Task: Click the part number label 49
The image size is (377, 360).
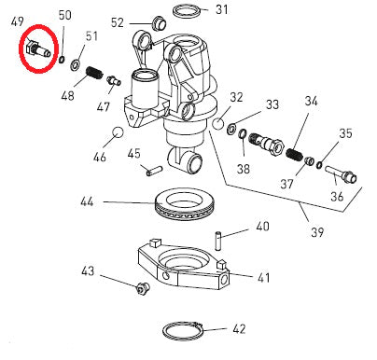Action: point(18,18)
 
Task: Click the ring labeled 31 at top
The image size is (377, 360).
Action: point(187,11)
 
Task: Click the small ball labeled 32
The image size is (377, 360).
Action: point(216,122)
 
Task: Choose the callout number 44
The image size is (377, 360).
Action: point(87,201)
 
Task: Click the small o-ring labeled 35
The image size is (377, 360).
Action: point(318,165)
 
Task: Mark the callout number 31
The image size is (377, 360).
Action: point(220,10)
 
